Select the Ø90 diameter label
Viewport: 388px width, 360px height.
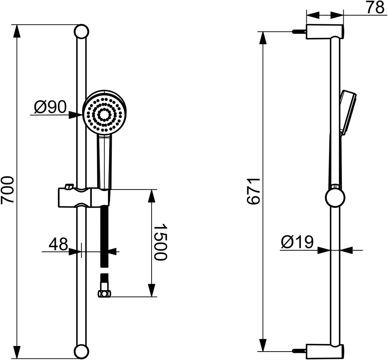[x=50, y=107]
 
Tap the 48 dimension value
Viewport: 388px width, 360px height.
[x=58, y=244]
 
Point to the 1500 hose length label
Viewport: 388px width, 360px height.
[x=160, y=242]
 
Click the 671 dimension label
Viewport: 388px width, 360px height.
[x=254, y=192]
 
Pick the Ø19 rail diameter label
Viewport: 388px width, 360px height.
[x=297, y=242]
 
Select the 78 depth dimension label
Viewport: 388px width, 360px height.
[x=374, y=8]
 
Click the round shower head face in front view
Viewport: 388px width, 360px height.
[x=104, y=114]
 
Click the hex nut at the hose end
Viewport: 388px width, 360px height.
[x=104, y=294]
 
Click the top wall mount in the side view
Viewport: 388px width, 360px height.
[x=324, y=31]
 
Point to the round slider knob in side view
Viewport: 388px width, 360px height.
[x=335, y=198]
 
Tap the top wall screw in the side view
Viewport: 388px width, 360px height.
[x=299, y=32]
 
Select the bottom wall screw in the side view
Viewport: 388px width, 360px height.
[x=299, y=351]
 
